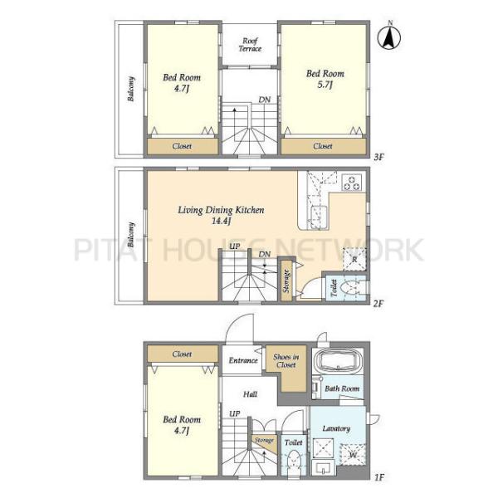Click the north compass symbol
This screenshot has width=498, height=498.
tap(389, 36)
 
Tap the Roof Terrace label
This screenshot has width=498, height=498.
tap(250, 45)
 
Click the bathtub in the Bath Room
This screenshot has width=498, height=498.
tap(337, 361)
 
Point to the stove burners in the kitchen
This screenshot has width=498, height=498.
tap(352, 183)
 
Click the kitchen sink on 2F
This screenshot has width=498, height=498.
tap(318, 216)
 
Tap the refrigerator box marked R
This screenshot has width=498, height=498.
tap(354, 259)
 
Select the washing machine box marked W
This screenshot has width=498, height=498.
tap(352, 455)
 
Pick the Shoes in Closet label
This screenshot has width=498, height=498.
tap(286, 361)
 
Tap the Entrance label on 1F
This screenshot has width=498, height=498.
tap(243, 360)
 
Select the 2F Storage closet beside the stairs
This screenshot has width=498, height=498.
tap(286, 281)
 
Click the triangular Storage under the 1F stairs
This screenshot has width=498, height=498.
tap(265, 442)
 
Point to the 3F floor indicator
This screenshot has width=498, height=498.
tap(379, 157)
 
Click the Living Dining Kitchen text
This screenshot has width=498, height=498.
tap(221, 210)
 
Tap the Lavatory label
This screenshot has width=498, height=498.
tap(336, 428)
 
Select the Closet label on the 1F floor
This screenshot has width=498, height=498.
tap(182, 354)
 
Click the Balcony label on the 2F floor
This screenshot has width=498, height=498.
tap(130, 235)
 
